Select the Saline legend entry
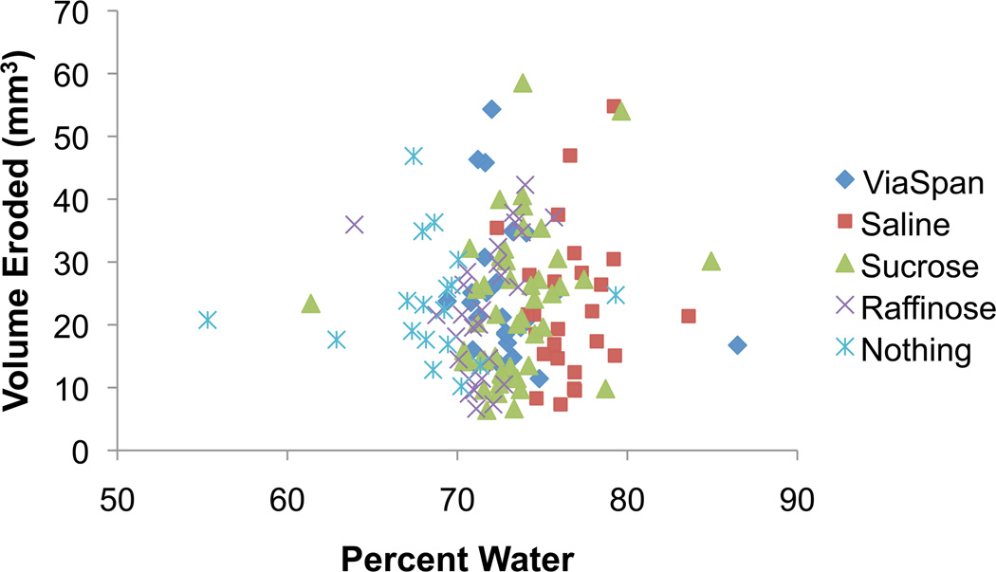pyautogui.click(x=896, y=224)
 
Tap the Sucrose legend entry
pyautogui.click(x=906, y=266)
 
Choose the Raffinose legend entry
pyautogui.click(x=916, y=308)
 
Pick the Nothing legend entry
pyautogui.click(x=905, y=350)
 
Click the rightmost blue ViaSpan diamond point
pyautogui.click(x=736, y=345)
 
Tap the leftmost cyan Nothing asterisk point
pyautogui.click(x=208, y=321)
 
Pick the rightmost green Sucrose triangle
pyautogui.click(x=711, y=262)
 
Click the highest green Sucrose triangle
pyautogui.click(x=523, y=83)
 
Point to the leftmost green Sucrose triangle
pyautogui.click(x=310, y=304)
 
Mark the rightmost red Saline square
pyautogui.click(x=689, y=316)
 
